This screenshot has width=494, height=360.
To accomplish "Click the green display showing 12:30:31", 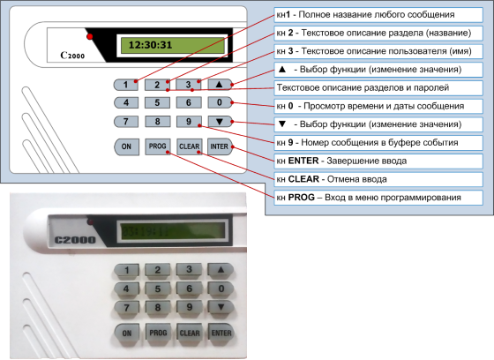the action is pyautogui.click(x=172, y=45).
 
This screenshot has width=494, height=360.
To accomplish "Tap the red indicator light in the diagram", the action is pyautogui.click(x=90, y=36).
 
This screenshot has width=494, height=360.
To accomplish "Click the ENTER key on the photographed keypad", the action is pyautogui.click(x=221, y=333).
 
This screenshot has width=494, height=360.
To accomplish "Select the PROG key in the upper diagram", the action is pyautogui.click(x=158, y=146).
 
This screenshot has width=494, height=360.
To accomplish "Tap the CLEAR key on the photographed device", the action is pyautogui.click(x=190, y=333).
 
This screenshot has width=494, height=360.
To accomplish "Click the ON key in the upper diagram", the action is pyautogui.click(x=126, y=146).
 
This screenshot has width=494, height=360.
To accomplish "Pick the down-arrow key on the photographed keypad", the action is pyautogui.click(x=221, y=307).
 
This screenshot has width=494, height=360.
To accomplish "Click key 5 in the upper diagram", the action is pyautogui.click(x=157, y=102).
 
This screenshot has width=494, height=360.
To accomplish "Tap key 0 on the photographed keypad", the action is pyautogui.click(x=221, y=289).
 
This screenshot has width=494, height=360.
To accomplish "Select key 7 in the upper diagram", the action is pyautogui.click(x=126, y=122).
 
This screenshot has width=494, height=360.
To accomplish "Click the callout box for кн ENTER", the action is pyautogui.click(x=378, y=161).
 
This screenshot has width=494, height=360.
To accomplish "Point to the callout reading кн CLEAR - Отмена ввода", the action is pyautogui.click(x=378, y=179).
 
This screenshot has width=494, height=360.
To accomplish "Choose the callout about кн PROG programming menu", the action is pyautogui.click(x=378, y=198).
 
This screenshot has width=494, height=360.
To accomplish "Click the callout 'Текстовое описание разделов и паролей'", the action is pyautogui.click(x=378, y=88).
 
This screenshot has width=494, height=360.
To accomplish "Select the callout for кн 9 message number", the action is pyautogui.click(x=378, y=143).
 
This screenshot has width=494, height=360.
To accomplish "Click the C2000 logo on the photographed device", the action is pyautogui.click(x=75, y=240).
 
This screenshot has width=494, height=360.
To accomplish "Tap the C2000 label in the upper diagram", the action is pyautogui.click(x=72, y=56).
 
